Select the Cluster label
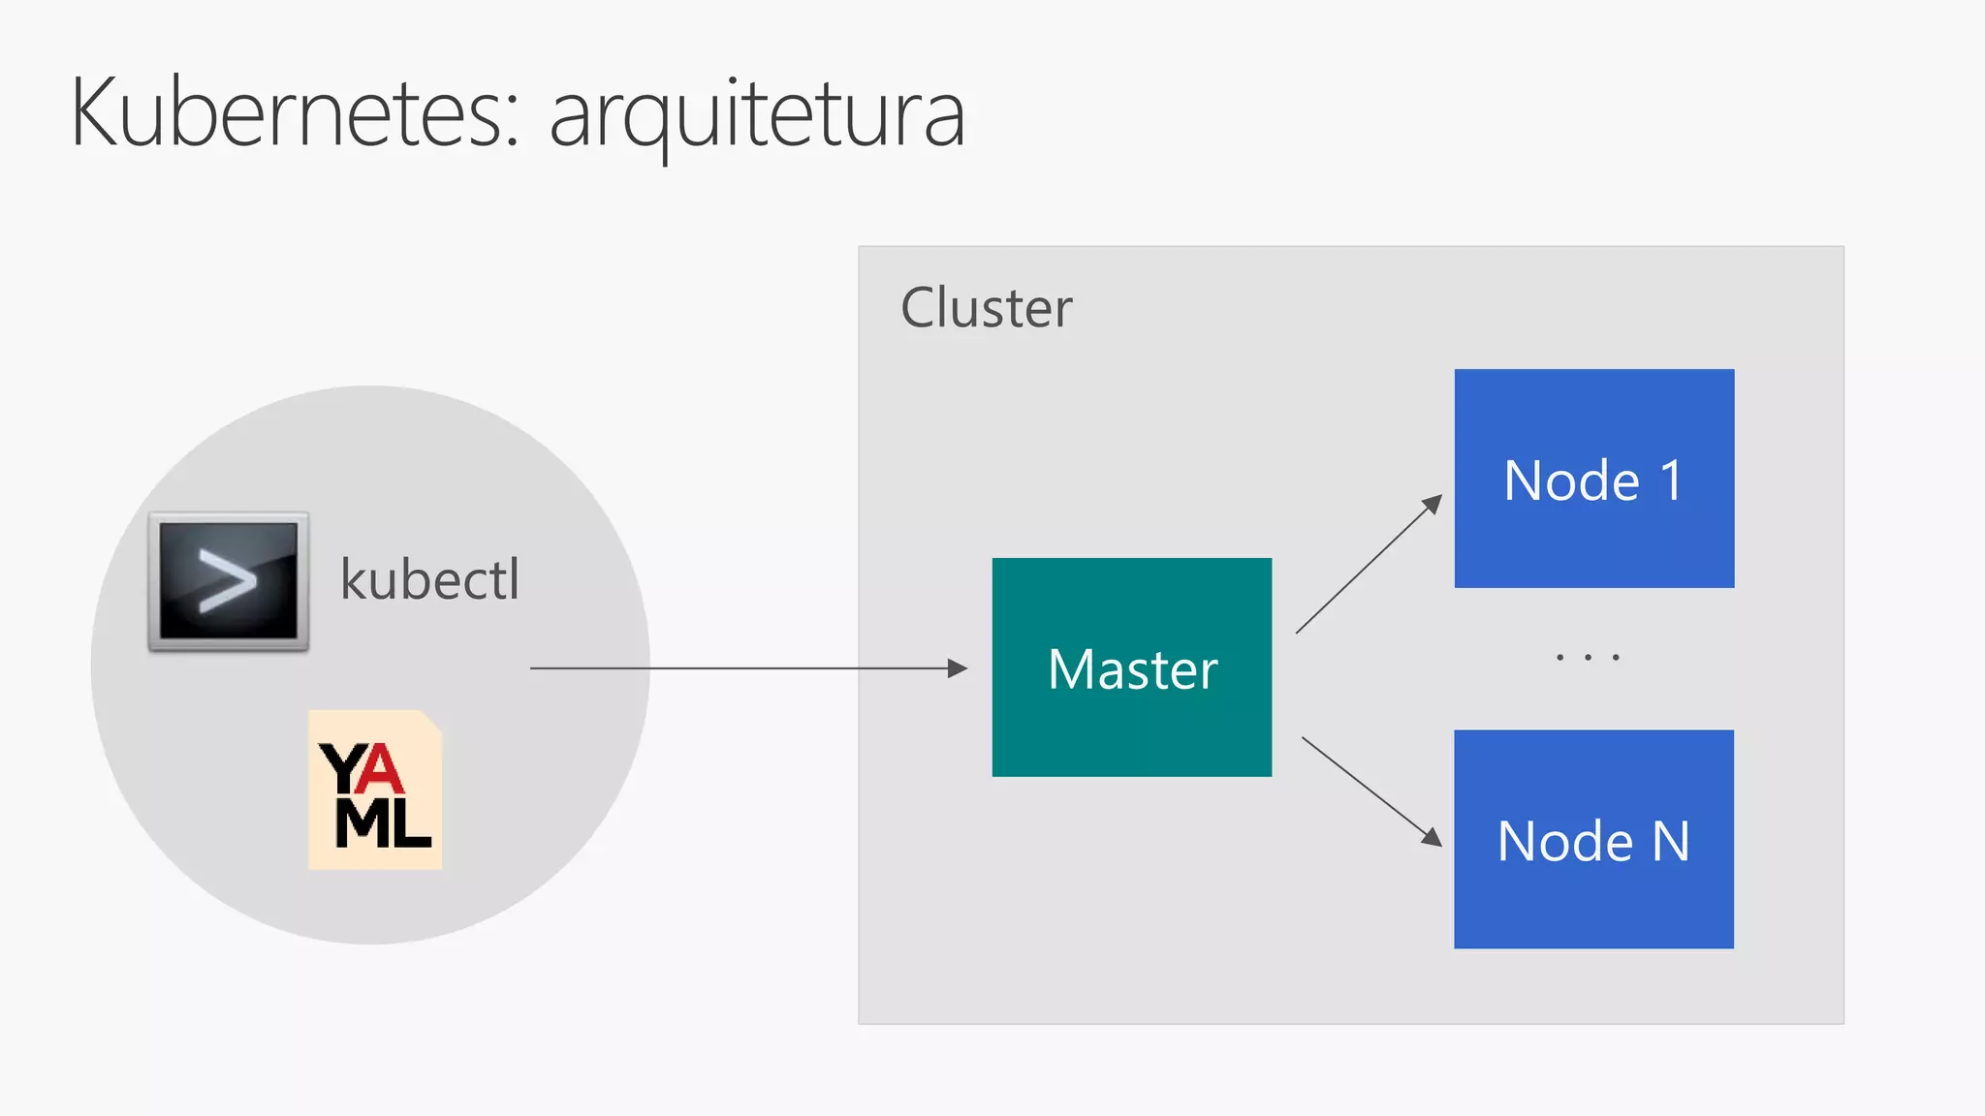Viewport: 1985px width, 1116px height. tap(986, 308)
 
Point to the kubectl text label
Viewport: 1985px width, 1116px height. tap(429, 580)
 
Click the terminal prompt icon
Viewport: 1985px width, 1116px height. tap(229, 581)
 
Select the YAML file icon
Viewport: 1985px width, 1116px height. tap(375, 790)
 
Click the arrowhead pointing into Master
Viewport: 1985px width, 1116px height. tap(958, 668)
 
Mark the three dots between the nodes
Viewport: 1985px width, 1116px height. tap(1588, 658)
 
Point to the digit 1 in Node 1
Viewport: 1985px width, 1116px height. tap(1670, 480)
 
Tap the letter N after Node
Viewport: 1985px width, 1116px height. tap(1670, 841)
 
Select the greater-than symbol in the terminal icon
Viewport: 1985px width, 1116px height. tap(227, 580)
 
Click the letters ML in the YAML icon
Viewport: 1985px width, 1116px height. tap(382, 823)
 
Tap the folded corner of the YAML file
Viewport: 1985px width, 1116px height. tap(429, 722)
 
